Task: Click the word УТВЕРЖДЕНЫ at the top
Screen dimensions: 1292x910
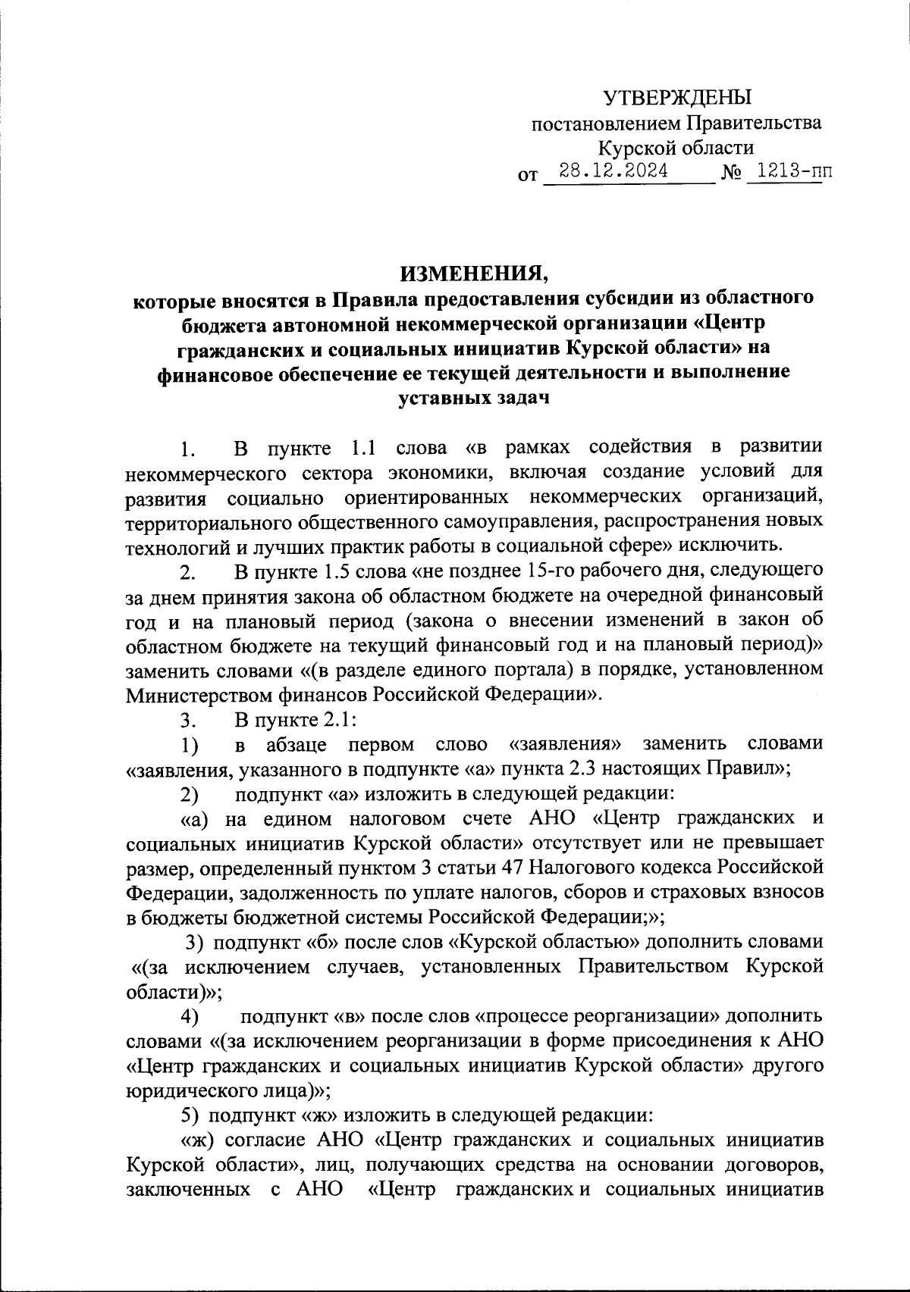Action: [x=676, y=97]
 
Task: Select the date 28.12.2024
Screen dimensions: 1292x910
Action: [x=613, y=171]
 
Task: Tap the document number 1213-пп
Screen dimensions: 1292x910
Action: [x=789, y=171]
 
